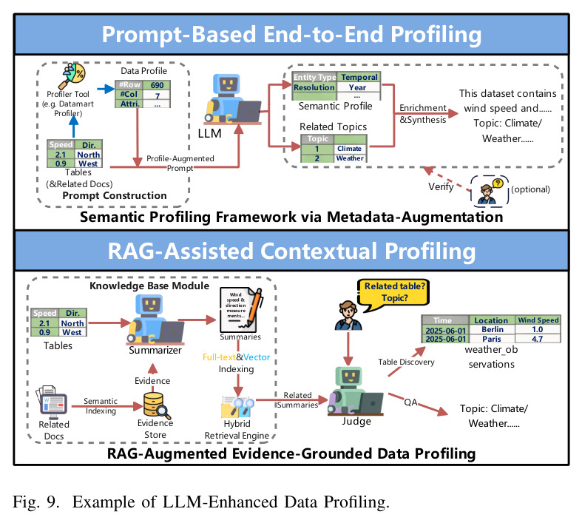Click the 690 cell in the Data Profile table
point(157,85)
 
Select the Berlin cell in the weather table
point(493,329)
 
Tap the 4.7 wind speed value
point(537,339)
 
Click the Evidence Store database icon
point(156,405)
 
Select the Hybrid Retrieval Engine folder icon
point(237,407)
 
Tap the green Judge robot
point(354,391)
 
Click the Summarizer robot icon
point(155,320)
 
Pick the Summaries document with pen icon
point(241,310)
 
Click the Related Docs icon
point(52,401)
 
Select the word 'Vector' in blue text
point(257,357)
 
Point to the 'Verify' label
point(441,186)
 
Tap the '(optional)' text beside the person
point(530,189)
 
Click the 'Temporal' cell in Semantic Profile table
point(359,77)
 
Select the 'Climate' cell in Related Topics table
point(349,149)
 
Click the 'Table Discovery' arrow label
point(406,362)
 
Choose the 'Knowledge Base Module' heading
point(149,286)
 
